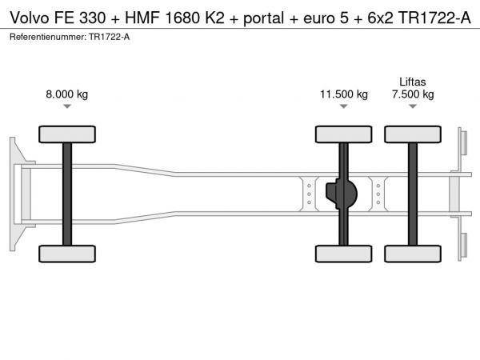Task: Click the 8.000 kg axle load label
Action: point(66,94)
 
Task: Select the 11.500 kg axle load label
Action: point(344,94)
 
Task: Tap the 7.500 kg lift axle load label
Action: point(413,94)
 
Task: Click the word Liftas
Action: point(413,82)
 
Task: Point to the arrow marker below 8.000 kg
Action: point(67,106)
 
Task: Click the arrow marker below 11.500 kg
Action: point(344,106)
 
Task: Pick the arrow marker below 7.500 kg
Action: point(413,106)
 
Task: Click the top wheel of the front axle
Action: point(67,134)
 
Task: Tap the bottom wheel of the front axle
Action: point(67,254)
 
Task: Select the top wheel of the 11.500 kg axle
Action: point(344,134)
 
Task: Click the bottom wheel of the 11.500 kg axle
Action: point(344,254)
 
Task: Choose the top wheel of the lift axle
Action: point(413,134)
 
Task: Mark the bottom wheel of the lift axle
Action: point(413,254)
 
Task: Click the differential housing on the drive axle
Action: point(342,194)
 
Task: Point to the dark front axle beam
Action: point(67,194)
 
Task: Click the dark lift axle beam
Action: point(413,194)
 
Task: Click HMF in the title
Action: point(142,18)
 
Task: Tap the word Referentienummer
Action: point(48,37)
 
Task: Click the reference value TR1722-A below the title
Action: point(110,37)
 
